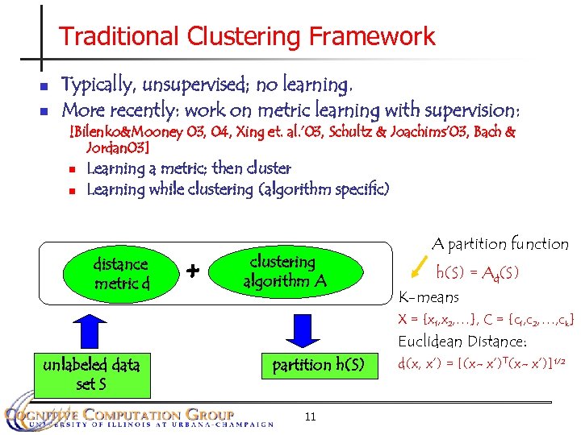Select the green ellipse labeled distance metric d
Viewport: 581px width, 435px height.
click(121, 273)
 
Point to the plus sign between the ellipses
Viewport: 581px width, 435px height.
click(193, 271)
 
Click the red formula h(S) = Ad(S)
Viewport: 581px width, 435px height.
click(478, 272)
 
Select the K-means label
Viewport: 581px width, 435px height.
click(429, 297)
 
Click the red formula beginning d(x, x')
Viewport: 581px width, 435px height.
click(484, 363)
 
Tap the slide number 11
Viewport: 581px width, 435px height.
click(310, 416)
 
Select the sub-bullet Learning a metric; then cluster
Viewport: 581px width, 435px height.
click(188, 168)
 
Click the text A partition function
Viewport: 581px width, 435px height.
click(499, 243)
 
